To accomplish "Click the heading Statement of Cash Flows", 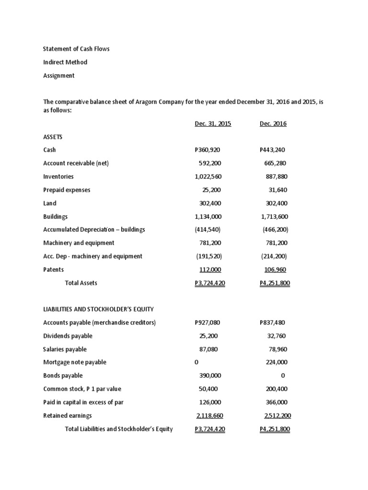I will pos(76,49).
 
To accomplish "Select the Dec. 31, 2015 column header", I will pos(213,123).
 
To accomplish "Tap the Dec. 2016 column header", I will pos(273,123).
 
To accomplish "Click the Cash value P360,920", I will pos(208,150).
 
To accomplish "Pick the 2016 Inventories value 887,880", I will pos(276,177).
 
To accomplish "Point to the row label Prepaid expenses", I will pos(67,190).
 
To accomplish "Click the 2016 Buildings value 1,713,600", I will pos(275,216).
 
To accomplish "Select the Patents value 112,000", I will pos(210,269).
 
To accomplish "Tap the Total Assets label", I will pos(81,283).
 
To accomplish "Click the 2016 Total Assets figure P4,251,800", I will pos(275,283).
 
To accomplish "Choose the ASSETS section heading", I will pos(53,137).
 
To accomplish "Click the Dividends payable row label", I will pos(68,336).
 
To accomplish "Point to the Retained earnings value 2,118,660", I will pos(210,415).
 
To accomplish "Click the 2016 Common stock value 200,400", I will pos(276,389).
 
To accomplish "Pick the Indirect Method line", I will pos(65,62).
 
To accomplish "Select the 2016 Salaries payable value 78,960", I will pos(277,349).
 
